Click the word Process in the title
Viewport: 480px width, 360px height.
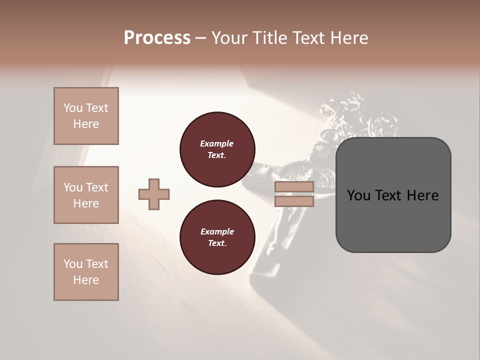(157, 37)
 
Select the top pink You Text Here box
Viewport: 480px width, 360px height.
(86, 116)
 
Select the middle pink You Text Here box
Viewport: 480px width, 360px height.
(86, 195)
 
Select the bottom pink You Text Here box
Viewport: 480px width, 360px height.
(86, 272)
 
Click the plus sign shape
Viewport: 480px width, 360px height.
(154, 194)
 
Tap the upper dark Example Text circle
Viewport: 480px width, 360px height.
(217, 149)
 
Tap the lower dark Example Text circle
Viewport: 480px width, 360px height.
(217, 237)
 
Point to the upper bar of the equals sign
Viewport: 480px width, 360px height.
(294, 187)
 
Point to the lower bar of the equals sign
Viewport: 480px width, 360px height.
(294, 201)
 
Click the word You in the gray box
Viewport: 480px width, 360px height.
(358, 195)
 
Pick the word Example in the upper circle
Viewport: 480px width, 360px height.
(217, 143)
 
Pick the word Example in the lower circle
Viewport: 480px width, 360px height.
(217, 231)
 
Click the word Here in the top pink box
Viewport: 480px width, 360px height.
(86, 124)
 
